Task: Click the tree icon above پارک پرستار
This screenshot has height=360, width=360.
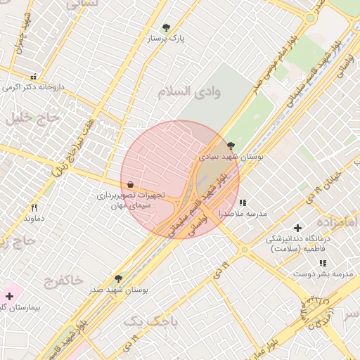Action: click(166, 28)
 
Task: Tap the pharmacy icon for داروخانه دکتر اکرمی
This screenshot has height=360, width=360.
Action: click(33, 77)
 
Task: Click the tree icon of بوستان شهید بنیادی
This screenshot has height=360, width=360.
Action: click(231, 146)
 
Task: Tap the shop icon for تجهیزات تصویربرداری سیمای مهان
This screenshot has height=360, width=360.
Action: click(131, 184)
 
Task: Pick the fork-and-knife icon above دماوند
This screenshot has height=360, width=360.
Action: click(33, 207)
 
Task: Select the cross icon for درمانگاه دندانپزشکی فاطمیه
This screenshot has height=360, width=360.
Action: click(297, 228)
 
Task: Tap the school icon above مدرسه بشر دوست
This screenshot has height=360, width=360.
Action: click(323, 263)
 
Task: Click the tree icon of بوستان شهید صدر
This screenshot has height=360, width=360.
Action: click(118, 278)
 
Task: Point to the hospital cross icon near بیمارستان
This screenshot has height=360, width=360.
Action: click(9, 296)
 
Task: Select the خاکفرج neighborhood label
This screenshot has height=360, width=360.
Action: click(63, 281)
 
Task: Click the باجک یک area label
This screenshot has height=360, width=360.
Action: click(151, 321)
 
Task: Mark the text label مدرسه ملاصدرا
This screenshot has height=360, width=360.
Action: click(243, 213)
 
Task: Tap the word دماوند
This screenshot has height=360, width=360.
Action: click(34, 219)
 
